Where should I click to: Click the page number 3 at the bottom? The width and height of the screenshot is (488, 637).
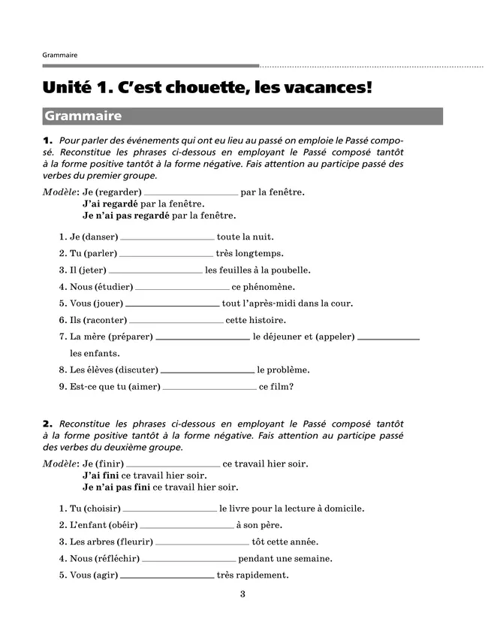click(242, 595)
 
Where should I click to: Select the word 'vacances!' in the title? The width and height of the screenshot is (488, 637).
click(330, 88)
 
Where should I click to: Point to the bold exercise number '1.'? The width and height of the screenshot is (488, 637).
click(48, 140)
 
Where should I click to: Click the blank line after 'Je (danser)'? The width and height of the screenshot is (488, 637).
click(167, 238)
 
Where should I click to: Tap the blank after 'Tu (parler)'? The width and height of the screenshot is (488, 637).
click(166, 255)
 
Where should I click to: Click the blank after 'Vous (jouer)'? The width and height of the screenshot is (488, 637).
click(172, 306)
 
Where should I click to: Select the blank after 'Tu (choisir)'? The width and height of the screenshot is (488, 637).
click(169, 510)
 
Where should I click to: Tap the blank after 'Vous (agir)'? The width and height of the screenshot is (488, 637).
click(167, 577)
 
